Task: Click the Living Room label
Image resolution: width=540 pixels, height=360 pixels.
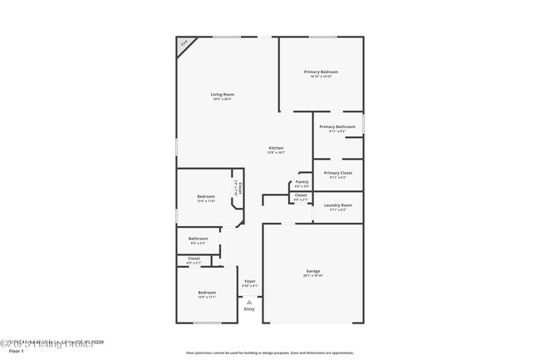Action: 222,95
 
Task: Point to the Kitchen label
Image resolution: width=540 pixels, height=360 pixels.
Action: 276,148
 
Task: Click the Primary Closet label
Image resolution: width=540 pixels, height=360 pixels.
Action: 337,173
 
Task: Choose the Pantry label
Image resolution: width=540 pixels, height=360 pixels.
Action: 302,181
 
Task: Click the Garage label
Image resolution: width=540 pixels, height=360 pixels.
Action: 312,271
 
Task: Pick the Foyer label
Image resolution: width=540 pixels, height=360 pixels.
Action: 249,283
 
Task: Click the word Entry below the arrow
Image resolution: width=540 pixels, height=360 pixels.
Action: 249,309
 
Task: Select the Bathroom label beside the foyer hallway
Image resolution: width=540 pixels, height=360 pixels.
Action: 198,239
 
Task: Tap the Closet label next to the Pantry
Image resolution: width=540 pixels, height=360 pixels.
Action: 301,195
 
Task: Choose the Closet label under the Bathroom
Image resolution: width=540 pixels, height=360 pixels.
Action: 194,259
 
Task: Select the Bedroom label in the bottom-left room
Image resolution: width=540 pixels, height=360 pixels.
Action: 206,293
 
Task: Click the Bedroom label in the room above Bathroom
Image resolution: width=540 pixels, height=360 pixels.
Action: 205,196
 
